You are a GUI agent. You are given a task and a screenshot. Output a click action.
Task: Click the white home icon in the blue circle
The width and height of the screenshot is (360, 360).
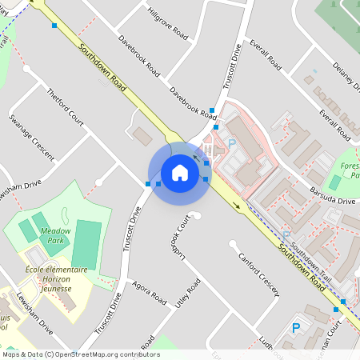click(x=180, y=172)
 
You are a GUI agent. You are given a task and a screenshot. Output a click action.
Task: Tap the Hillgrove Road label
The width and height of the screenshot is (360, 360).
click(x=169, y=24)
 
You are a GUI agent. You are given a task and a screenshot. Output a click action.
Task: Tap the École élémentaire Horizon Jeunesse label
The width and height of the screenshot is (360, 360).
click(x=56, y=276)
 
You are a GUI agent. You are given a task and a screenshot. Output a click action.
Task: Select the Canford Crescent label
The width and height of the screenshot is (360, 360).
click(x=259, y=274)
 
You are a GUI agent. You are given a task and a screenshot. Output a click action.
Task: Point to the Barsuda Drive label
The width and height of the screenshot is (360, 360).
click(x=332, y=196)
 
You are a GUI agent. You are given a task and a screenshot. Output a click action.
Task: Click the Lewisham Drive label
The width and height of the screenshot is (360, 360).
click(x=34, y=313)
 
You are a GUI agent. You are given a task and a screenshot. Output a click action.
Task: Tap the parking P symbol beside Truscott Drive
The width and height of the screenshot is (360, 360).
click(x=232, y=143)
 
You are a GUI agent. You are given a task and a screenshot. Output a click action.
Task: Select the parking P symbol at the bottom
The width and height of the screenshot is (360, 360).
click(x=295, y=327)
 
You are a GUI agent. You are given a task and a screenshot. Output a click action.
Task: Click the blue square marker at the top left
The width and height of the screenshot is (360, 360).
click(x=54, y=26)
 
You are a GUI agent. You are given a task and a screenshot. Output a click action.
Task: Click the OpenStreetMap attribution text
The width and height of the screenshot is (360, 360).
click(x=81, y=354)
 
